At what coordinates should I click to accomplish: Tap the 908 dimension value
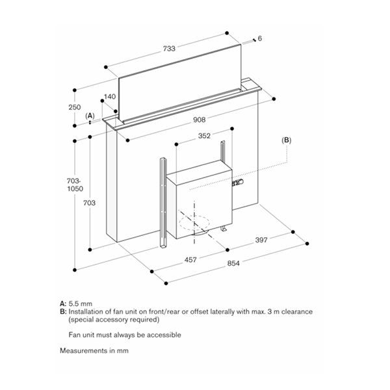click(199, 120)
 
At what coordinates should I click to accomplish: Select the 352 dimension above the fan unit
click(204, 136)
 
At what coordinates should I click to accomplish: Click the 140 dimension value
click(109, 97)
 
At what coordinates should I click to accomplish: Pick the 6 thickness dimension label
click(259, 39)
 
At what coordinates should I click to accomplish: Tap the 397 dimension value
click(261, 240)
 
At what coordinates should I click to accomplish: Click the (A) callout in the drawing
click(90, 115)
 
